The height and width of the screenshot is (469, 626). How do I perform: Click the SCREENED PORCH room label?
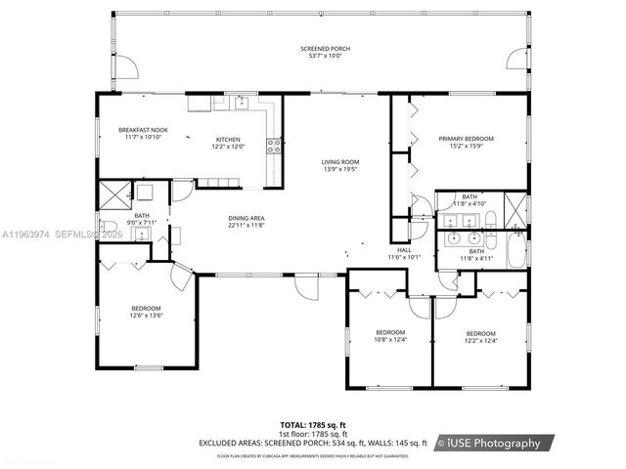tap(325, 48)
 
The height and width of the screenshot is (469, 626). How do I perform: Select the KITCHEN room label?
tap(227, 140)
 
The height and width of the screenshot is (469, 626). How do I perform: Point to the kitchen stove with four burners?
tap(276, 148)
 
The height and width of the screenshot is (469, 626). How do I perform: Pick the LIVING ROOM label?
tap(341, 162)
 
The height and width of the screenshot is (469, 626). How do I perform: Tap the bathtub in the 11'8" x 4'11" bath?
tap(515, 250)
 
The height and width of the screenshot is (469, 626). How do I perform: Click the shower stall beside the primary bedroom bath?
tap(515, 208)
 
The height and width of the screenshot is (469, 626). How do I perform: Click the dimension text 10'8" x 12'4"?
tap(390, 339)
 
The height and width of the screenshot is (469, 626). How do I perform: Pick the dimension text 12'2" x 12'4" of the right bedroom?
tap(480, 339)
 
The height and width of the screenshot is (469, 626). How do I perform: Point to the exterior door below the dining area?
tap(306, 286)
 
